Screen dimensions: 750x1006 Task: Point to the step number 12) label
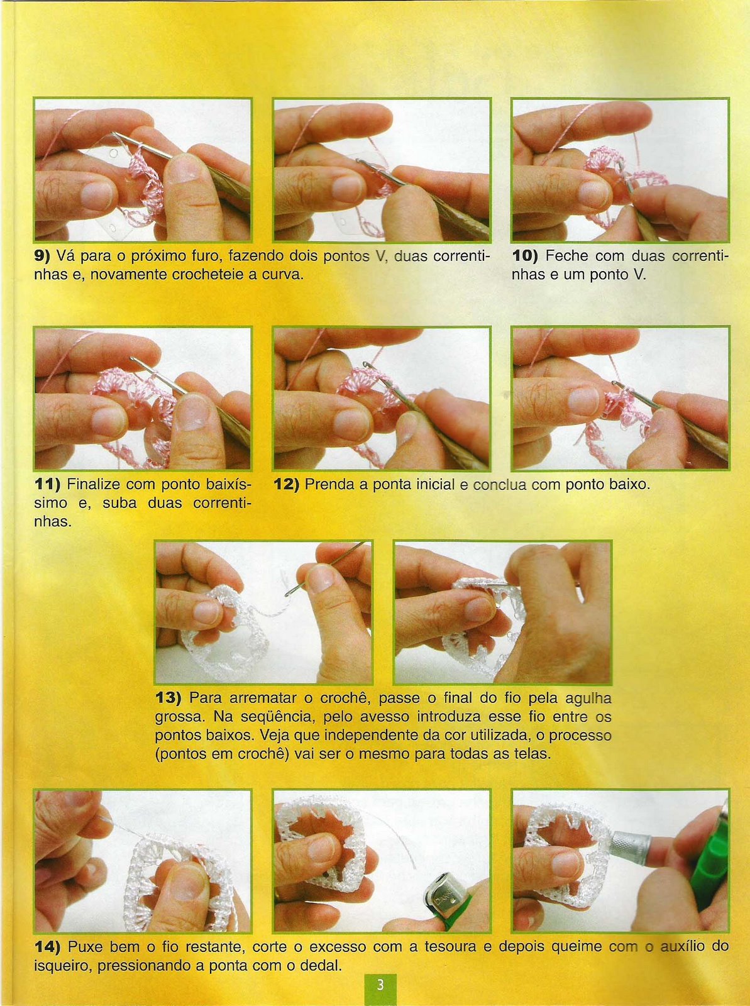[286, 484]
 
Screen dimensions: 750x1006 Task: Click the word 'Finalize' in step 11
[93, 484]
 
